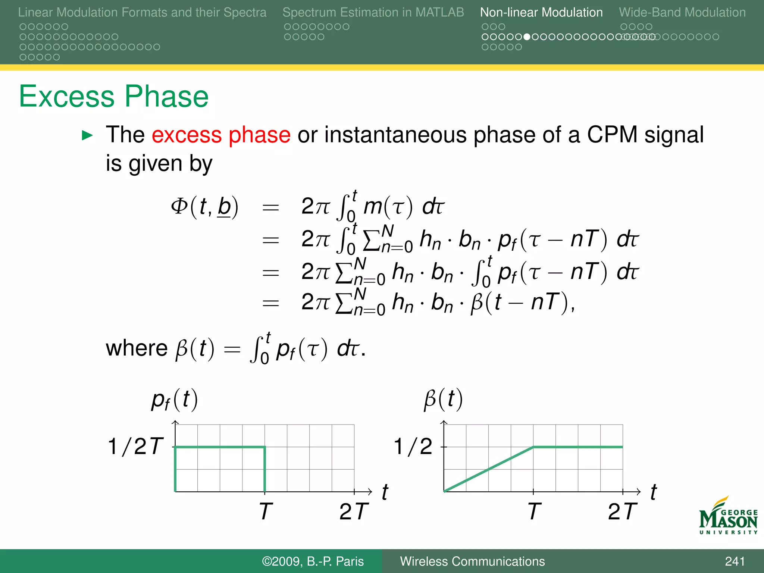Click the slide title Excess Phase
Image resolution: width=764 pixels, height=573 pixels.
coord(113,96)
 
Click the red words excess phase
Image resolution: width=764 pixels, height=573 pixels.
coord(221,135)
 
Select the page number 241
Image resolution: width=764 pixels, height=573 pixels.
coord(735,561)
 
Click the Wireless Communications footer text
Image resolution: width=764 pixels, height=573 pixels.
coord(472,561)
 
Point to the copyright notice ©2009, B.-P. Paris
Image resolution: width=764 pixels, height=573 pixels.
coord(313,561)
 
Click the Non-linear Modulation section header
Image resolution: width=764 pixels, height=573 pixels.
coord(541,12)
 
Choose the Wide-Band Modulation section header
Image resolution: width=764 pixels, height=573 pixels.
coord(682,12)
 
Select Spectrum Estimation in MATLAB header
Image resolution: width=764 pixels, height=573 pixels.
coord(373,12)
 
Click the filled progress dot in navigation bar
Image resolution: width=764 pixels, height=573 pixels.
coord(527,37)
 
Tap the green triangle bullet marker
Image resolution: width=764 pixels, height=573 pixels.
coord(87,135)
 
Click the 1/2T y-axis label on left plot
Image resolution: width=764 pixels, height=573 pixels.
coord(135,446)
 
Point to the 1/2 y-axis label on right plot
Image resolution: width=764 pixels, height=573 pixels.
coord(413,446)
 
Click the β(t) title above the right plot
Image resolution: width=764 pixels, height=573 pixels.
coord(443,399)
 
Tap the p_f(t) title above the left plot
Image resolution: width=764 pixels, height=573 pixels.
coord(175,400)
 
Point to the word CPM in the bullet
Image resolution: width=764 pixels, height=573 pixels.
coord(612,135)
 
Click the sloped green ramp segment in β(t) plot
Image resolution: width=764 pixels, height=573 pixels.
coord(489,469)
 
